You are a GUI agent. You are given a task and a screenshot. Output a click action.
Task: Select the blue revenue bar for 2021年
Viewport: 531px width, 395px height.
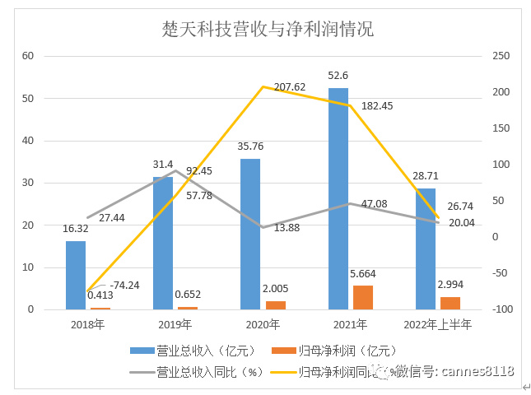pyautogui.click(x=338, y=198)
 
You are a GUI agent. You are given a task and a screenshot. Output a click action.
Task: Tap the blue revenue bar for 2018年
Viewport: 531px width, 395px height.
pyautogui.click(x=76, y=275)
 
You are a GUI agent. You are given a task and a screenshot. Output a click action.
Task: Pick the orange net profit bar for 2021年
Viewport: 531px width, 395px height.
pyautogui.click(x=362, y=297)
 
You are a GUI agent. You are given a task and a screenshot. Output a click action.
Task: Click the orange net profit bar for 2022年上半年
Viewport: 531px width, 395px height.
pyautogui.click(x=450, y=303)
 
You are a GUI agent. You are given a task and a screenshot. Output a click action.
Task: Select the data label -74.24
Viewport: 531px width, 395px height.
pyautogui.click(x=124, y=286)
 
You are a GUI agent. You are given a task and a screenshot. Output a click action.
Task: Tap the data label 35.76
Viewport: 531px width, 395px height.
pyautogui.click(x=250, y=148)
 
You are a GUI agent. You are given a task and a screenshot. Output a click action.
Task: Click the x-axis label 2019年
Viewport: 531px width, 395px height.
pyautogui.click(x=175, y=325)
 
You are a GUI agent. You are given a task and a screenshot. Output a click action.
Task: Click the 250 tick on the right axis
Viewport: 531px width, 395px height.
pyautogui.click(x=501, y=56)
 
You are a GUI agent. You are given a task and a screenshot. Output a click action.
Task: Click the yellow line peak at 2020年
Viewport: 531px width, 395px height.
pyautogui.click(x=263, y=86)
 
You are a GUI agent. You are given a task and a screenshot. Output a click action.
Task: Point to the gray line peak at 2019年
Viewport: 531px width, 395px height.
pyautogui.click(x=175, y=170)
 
